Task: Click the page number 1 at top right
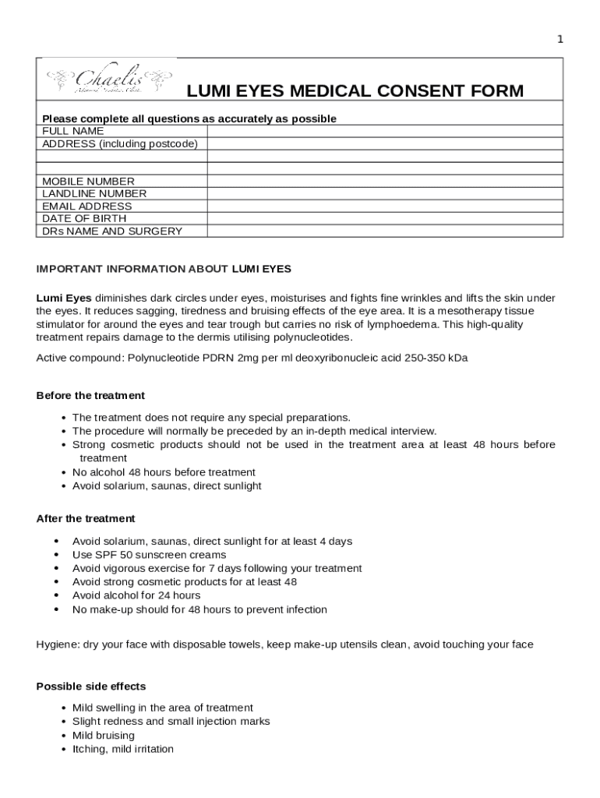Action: pos(559,40)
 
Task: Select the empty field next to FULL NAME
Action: pos(384,132)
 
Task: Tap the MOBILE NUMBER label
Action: pos(88,182)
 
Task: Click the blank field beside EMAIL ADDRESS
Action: pos(384,207)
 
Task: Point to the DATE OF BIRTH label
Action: pos(84,219)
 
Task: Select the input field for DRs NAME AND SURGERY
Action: pos(384,231)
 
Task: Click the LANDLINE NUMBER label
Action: pos(94,194)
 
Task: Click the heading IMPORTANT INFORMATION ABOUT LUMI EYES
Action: pos(164,270)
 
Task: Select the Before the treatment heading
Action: pos(90,396)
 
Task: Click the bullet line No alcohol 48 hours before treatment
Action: pos(164,472)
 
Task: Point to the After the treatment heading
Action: pos(86,519)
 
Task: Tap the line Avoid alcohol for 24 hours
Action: pos(136,595)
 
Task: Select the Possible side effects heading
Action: pos(91,687)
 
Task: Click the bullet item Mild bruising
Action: pos(104,736)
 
